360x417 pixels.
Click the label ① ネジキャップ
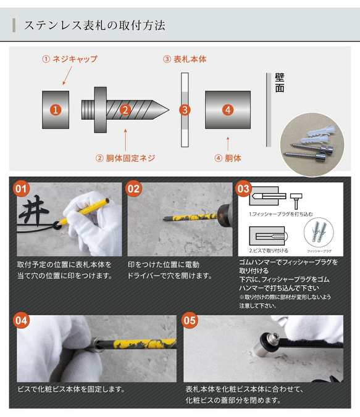point(69,59)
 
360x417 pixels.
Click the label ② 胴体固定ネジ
point(125,158)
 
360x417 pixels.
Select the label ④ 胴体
point(228,158)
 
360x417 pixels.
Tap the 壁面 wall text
point(280,83)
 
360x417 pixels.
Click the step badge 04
point(22,320)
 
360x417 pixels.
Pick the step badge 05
point(190,320)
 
